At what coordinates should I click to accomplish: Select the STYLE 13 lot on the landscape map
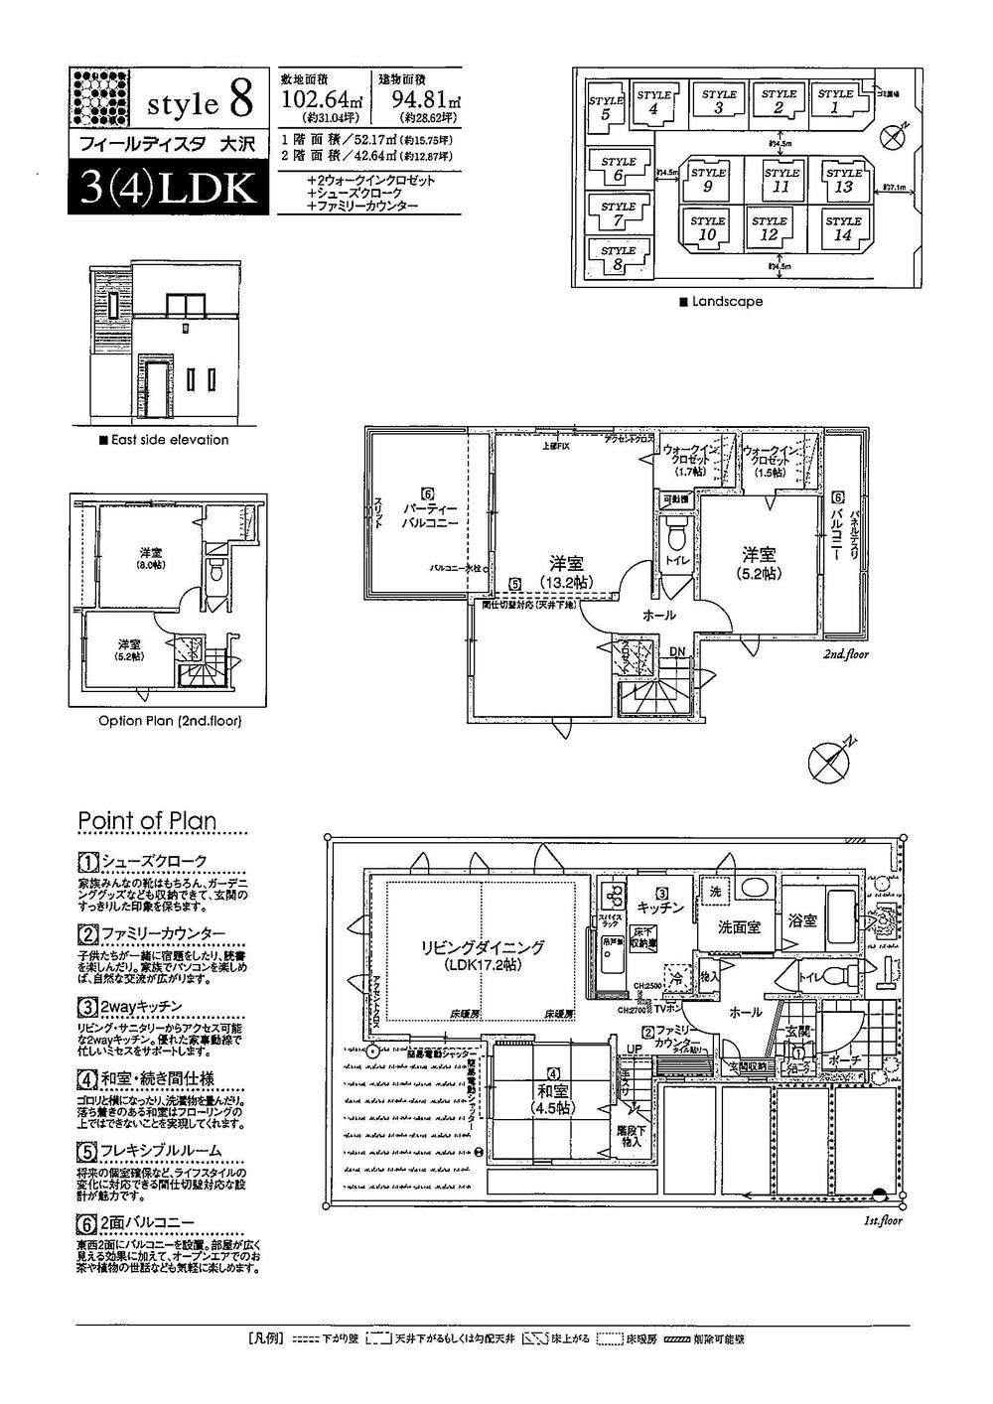[x=843, y=180]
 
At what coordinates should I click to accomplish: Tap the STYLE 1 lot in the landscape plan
[x=835, y=100]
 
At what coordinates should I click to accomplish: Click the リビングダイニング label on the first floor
[x=481, y=954]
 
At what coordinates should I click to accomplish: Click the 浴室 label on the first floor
[x=802, y=920]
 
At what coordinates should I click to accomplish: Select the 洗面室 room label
[x=740, y=926]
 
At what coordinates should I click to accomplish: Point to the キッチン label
[x=660, y=907]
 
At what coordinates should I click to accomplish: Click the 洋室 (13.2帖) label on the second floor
[x=567, y=571]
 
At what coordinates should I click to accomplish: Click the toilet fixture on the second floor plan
[x=677, y=536]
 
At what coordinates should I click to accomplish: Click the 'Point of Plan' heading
[x=146, y=820]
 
